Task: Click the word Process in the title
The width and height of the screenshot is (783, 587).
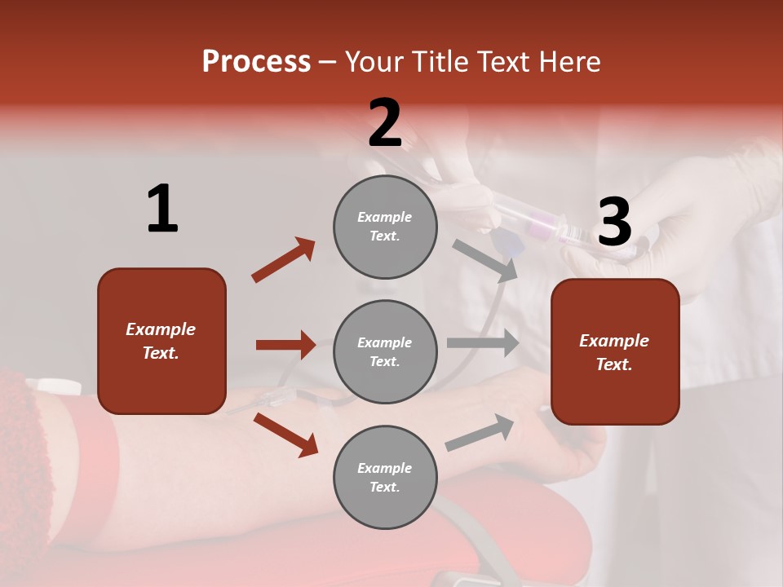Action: click(x=256, y=61)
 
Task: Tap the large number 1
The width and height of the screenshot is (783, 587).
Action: click(x=162, y=209)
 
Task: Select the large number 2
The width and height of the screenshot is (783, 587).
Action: click(x=385, y=122)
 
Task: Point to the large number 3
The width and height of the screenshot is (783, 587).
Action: click(x=615, y=223)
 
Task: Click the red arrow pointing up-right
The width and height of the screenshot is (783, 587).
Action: click(x=284, y=260)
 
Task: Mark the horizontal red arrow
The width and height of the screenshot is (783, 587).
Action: click(x=285, y=345)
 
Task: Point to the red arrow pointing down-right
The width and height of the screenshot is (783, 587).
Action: click(x=285, y=435)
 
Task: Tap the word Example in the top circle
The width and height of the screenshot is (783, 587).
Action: click(x=385, y=217)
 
